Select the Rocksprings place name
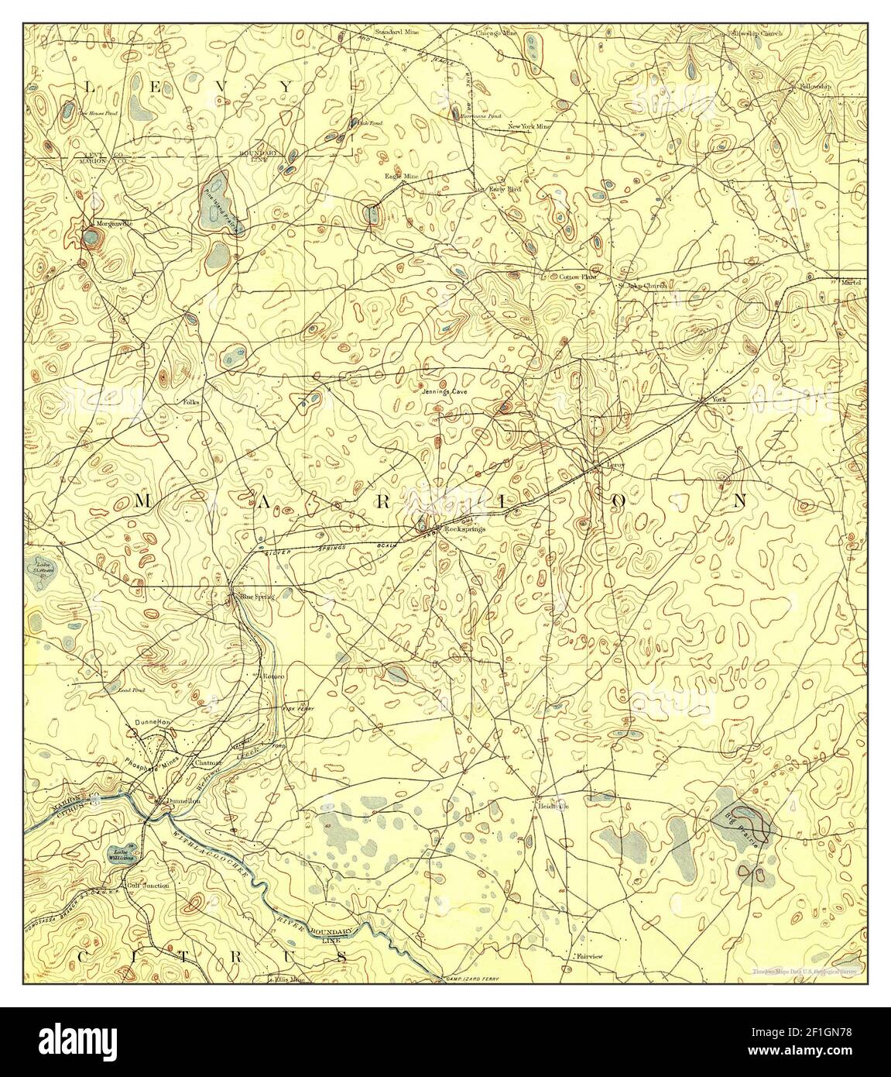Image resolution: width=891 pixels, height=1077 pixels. (464, 528)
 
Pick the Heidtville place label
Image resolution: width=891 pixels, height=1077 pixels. (553, 806)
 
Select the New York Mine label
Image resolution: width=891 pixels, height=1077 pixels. (529, 126)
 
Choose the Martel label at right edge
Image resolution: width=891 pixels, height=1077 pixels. (851, 283)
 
